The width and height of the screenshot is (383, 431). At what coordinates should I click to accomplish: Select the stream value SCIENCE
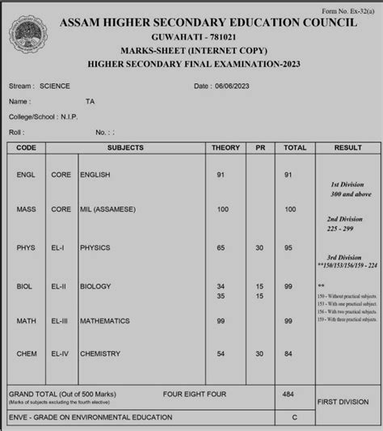tap(56, 86)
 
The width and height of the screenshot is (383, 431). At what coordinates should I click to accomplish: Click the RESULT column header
tap(347, 148)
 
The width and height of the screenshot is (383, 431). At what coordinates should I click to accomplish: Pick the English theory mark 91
tap(221, 175)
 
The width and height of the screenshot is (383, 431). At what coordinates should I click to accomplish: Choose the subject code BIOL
tap(25, 286)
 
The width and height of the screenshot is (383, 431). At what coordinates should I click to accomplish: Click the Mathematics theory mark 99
tap(221, 321)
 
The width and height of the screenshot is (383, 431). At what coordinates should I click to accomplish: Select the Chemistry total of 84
tap(290, 353)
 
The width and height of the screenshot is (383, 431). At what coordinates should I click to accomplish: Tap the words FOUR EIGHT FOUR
tap(193, 394)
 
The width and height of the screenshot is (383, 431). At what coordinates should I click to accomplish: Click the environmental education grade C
tap(294, 417)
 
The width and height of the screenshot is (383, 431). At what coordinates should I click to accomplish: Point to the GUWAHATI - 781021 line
tap(190, 38)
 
